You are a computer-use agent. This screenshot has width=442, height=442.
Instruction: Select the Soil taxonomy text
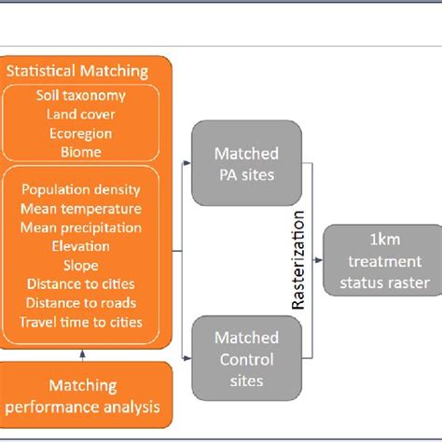tap(83, 95)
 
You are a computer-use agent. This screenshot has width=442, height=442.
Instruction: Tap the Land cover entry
tap(83, 114)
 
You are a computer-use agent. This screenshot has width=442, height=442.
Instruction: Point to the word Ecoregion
tap(83, 132)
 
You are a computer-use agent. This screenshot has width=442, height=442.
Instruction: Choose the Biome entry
tap(83, 151)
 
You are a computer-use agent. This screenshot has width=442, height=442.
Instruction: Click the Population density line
tap(82, 190)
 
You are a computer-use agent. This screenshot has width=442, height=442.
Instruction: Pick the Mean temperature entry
tap(82, 209)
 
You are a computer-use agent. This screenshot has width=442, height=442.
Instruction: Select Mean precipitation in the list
tap(82, 228)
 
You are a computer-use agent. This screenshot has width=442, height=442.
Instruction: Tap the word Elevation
tap(82, 247)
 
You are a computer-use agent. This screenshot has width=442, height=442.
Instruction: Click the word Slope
tap(82, 266)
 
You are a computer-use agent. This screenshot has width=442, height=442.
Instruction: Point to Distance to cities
tap(82, 284)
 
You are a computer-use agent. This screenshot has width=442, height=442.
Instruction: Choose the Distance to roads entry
tap(82, 303)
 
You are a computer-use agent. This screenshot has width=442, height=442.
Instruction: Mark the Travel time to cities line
tap(82, 323)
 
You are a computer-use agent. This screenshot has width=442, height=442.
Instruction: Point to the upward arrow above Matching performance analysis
tap(82, 353)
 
